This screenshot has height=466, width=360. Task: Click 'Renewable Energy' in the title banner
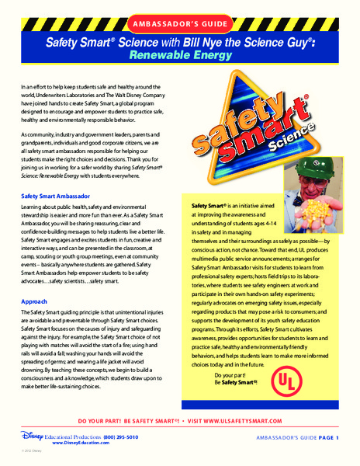pos(183,57)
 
